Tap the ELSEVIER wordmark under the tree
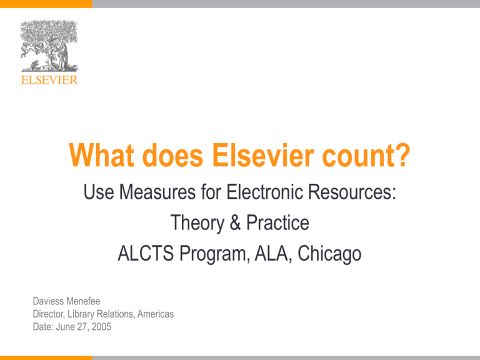48,80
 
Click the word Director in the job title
51,315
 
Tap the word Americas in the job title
153,315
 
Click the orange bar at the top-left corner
45,3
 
